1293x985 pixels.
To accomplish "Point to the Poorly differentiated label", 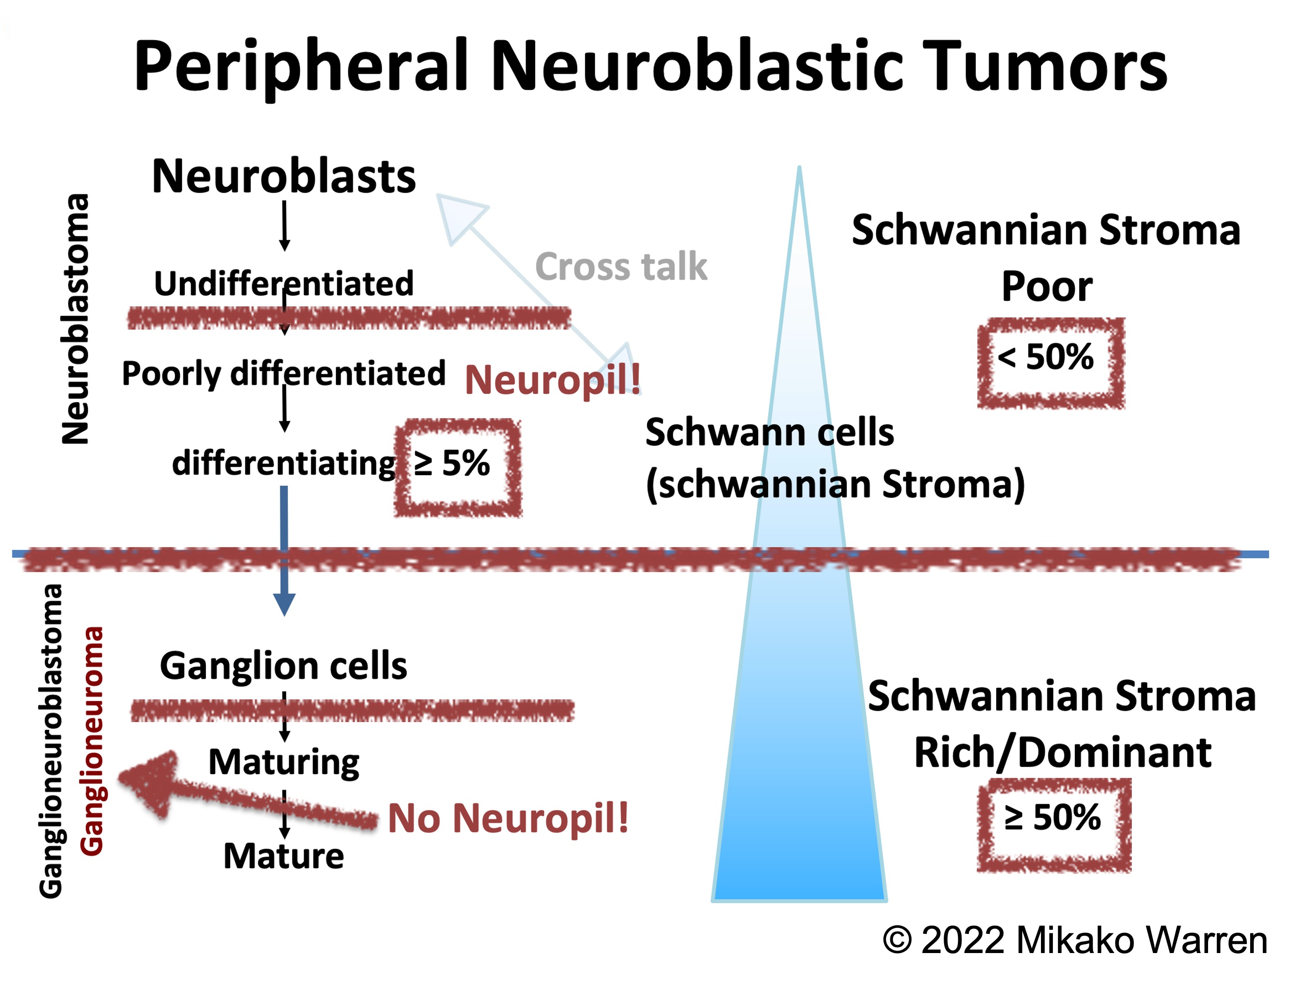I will click(x=284, y=373).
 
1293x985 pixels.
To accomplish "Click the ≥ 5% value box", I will click(x=457, y=467).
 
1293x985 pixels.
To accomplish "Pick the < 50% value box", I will click(x=1050, y=362).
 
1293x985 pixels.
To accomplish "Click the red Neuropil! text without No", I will click(x=552, y=379).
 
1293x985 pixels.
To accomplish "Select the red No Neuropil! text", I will click(x=508, y=818).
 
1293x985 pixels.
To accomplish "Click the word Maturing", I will click(x=284, y=762).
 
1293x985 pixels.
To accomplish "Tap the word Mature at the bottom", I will click(x=284, y=856).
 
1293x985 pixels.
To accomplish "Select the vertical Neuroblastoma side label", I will click(x=75, y=319).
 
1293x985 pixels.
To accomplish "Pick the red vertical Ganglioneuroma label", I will click(x=92, y=741).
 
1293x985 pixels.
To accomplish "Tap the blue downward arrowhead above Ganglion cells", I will click(x=284, y=604).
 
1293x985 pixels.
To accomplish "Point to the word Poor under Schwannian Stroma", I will click(x=1047, y=287).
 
